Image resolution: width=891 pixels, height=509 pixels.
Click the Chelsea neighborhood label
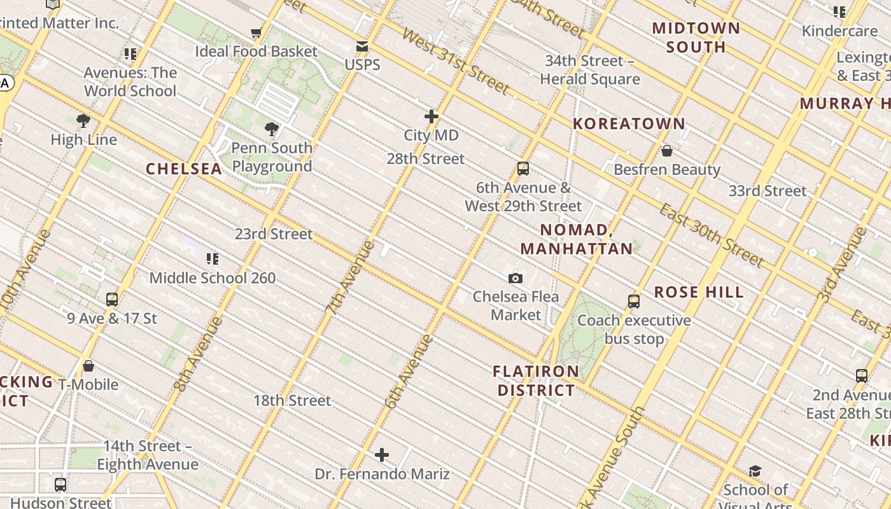pyautogui.click(x=184, y=169)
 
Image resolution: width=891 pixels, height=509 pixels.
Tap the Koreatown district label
pyautogui.click(x=629, y=123)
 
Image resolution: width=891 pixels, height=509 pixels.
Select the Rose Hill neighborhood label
pyautogui.click(x=699, y=292)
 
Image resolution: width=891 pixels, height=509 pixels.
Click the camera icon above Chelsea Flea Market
pyautogui.click(x=516, y=278)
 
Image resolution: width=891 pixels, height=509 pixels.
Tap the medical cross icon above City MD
pyautogui.click(x=431, y=116)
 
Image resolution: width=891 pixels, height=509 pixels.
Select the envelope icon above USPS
pyautogui.click(x=362, y=46)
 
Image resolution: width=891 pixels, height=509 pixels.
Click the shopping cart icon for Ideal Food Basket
pyautogui.click(x=256, y=32)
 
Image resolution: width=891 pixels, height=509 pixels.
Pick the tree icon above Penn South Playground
pyautogui.click(x=272, y=129)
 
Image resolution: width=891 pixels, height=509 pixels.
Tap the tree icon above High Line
pyautogui.click(x=83, y=121)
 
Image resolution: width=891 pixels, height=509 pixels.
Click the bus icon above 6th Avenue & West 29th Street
pyautogui.click(x=523, y=169)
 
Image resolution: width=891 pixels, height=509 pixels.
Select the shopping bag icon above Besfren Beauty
pyautogui.click(x=667, y=151)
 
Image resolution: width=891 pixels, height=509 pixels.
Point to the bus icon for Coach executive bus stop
pyautogui.click(x=634, y=302)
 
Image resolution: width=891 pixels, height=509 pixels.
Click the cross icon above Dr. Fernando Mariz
pyautogui.click(x=382, y=455)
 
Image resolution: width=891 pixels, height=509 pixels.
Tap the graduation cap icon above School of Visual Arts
pyautogui.click(x=755, y=471)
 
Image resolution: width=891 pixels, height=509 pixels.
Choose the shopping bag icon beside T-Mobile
pyautogui.click(x=88, y=366)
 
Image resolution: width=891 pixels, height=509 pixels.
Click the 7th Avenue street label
pyautogui.click(x=350, y=278)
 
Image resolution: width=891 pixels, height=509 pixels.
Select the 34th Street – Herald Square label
pyautogui.click(x=589, y=70)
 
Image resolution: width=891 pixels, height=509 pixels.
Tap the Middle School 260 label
pyautogui.click(x=213, y=278)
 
